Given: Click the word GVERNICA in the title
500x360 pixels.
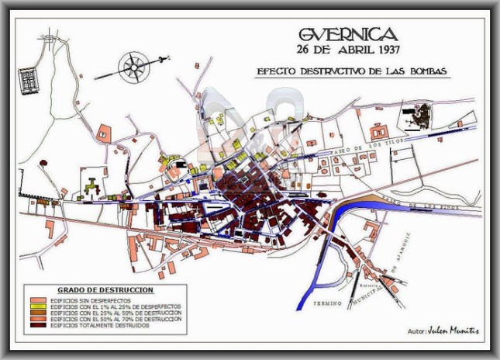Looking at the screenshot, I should tap(347, 34).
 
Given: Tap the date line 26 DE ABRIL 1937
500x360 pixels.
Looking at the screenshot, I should tap(347, 51).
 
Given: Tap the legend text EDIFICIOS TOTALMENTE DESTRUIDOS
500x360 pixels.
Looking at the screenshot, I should tap(98, 324).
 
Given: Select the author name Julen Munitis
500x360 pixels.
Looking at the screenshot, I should tap(457, 331).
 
